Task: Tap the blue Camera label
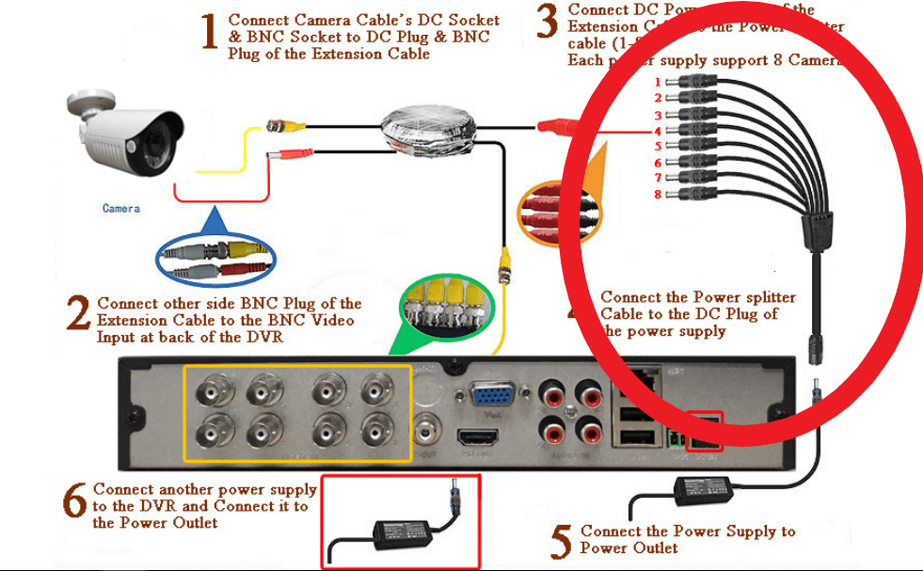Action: (x=121, y=208)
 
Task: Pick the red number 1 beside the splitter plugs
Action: (x=659, y=82)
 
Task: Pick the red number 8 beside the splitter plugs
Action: (x=659, y=194)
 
